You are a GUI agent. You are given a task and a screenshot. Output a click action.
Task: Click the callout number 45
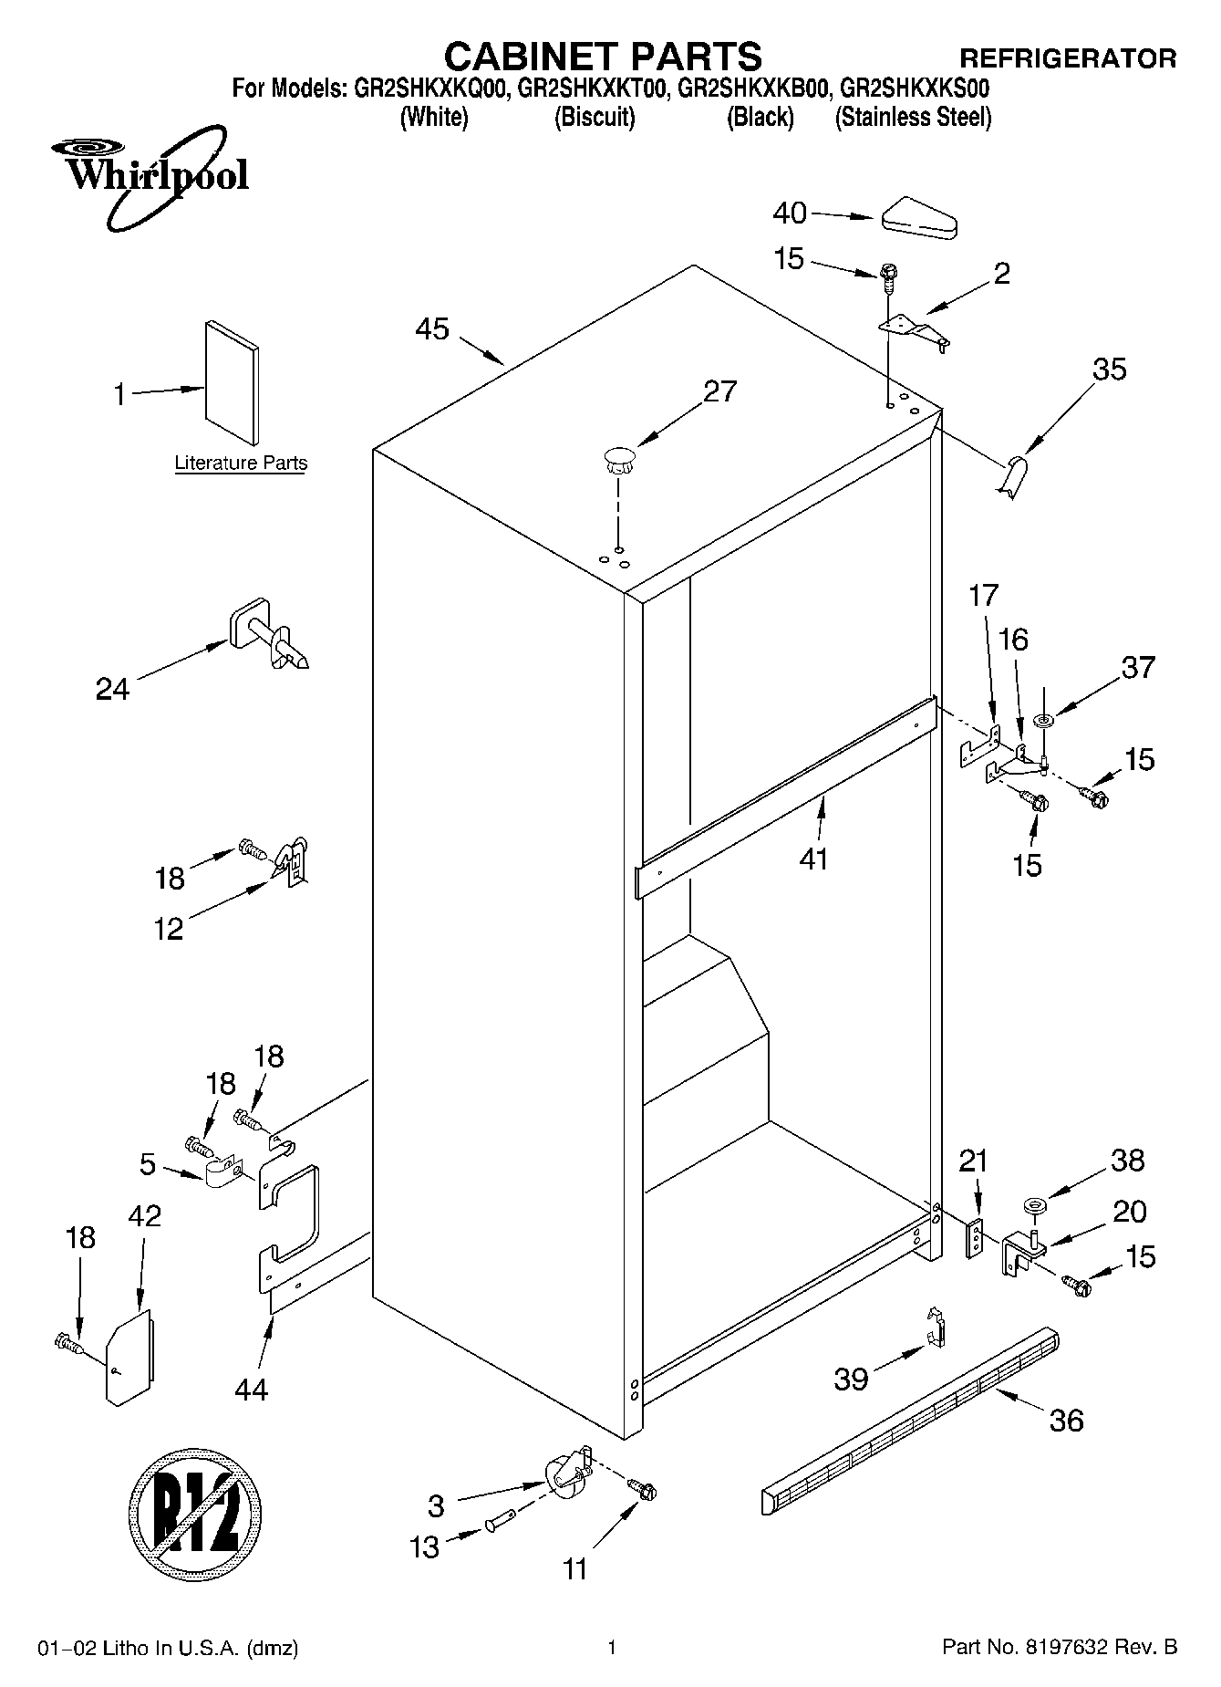(x=432, y=329)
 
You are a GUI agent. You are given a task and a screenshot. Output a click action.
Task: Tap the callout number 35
(x=1109, y=370)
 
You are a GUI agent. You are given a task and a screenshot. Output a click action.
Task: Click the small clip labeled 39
(x=934, y=1328)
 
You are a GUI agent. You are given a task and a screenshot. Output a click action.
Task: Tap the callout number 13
(x=425, y=1547)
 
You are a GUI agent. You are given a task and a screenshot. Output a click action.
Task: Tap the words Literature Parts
(x=241, y=463)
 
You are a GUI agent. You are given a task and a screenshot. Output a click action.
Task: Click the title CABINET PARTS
(x=602, y=57)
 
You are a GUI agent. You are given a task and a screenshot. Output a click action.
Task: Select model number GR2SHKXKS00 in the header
(x=914, y=89)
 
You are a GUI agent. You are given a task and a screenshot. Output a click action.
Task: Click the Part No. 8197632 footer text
(x=1059, y=1648)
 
